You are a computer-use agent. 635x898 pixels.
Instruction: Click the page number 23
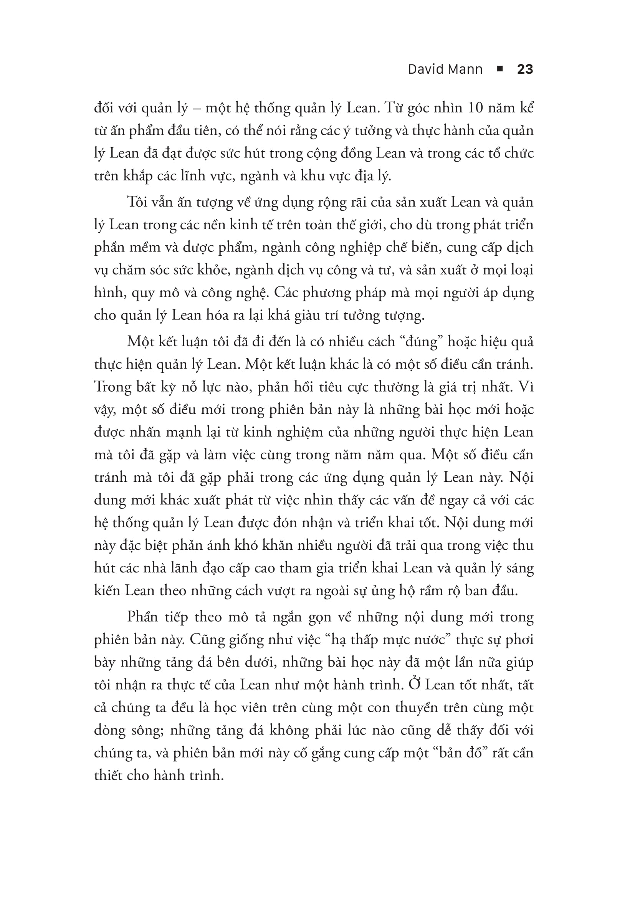[x=525, y=69]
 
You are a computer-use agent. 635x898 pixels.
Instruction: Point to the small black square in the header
[x=499, y=69]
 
